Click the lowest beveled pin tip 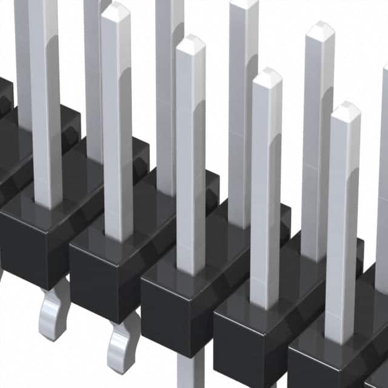(346, 112)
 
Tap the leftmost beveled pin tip (116, 12)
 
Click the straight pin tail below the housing (191, 370)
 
